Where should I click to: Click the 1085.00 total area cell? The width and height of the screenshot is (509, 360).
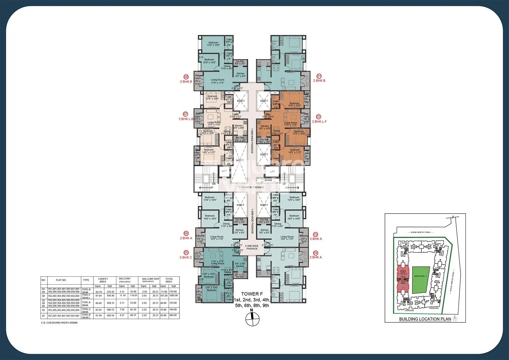coord(173,296)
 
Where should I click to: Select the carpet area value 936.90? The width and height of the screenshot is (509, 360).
coord(110,296)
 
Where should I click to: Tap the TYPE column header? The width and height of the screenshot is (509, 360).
coord(86,280)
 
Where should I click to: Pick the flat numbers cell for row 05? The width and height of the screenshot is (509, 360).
coord(64,310)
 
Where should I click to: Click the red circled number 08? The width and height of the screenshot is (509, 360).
coord(186,77)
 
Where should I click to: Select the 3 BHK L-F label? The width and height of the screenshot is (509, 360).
coord(319,122)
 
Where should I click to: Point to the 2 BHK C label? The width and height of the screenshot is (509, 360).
coord(186,258)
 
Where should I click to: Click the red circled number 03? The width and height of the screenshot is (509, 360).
coord(316,234)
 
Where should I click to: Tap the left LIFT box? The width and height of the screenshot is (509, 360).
coord(224,171)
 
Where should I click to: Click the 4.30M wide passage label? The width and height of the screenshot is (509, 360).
coord(252,247)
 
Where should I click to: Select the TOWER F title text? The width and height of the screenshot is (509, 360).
coord(252,294)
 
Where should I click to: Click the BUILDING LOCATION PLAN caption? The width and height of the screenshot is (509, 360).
coord(425,319)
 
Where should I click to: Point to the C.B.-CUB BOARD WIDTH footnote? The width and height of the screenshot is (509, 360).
coord(59,322)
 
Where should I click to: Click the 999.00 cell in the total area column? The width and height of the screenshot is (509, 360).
coord(173,315)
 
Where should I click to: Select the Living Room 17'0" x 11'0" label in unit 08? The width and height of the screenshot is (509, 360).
coord(217,81)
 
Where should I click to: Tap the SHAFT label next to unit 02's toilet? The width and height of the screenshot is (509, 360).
coord(264,101)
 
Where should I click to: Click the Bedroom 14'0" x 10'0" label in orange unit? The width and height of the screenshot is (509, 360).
coord(294,104)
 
